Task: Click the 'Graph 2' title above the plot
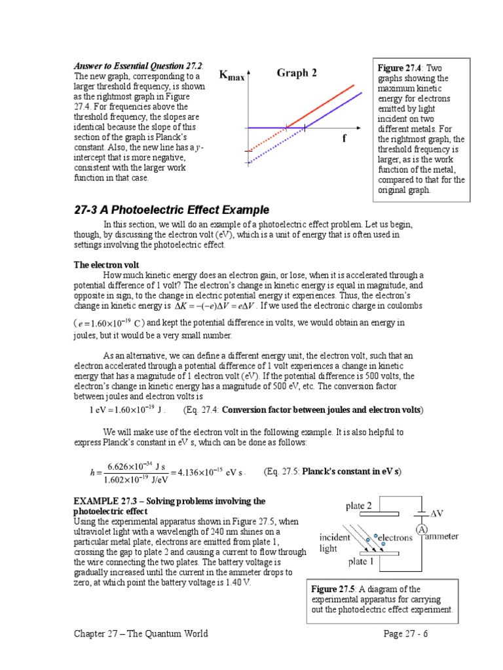[x=296, y=73]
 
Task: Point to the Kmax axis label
[x=232, y=77]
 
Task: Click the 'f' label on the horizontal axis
[x=344, y=139]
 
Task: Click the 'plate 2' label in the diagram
[x=359, y=506]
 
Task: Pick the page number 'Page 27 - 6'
[x=408, y=633]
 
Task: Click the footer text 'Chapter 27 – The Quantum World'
[x=140, y=633]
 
